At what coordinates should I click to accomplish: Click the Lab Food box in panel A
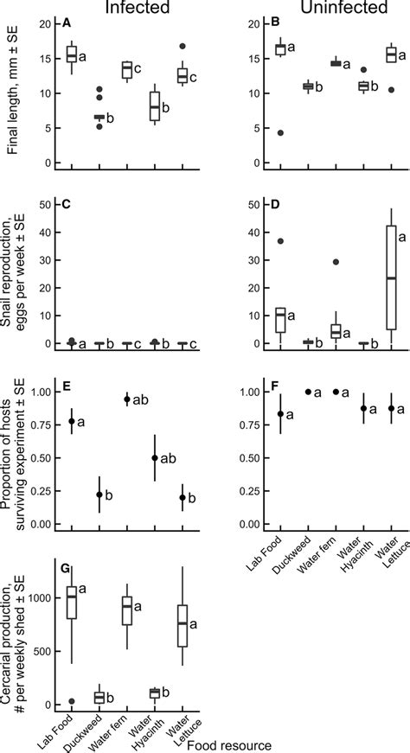point(72,54)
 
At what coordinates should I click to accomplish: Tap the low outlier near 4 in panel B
point(281,132)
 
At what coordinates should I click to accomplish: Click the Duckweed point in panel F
point(308,392)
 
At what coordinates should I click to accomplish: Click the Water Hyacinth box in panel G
point(155,692)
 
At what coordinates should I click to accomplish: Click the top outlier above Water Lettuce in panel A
point(183,46)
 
